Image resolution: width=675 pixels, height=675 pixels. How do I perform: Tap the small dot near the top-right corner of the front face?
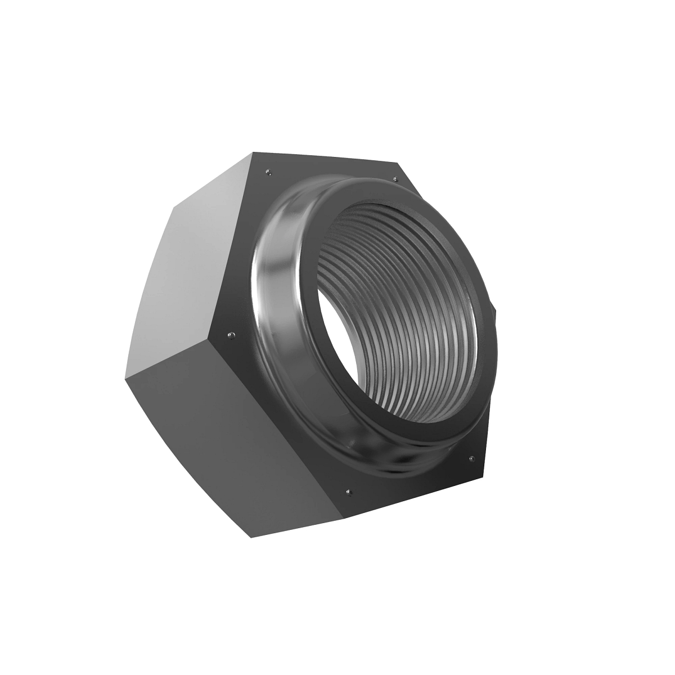point(395,179)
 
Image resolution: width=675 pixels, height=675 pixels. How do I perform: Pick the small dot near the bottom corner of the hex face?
point(349,493)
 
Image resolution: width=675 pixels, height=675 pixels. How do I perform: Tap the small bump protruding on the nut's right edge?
point(494,308)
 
